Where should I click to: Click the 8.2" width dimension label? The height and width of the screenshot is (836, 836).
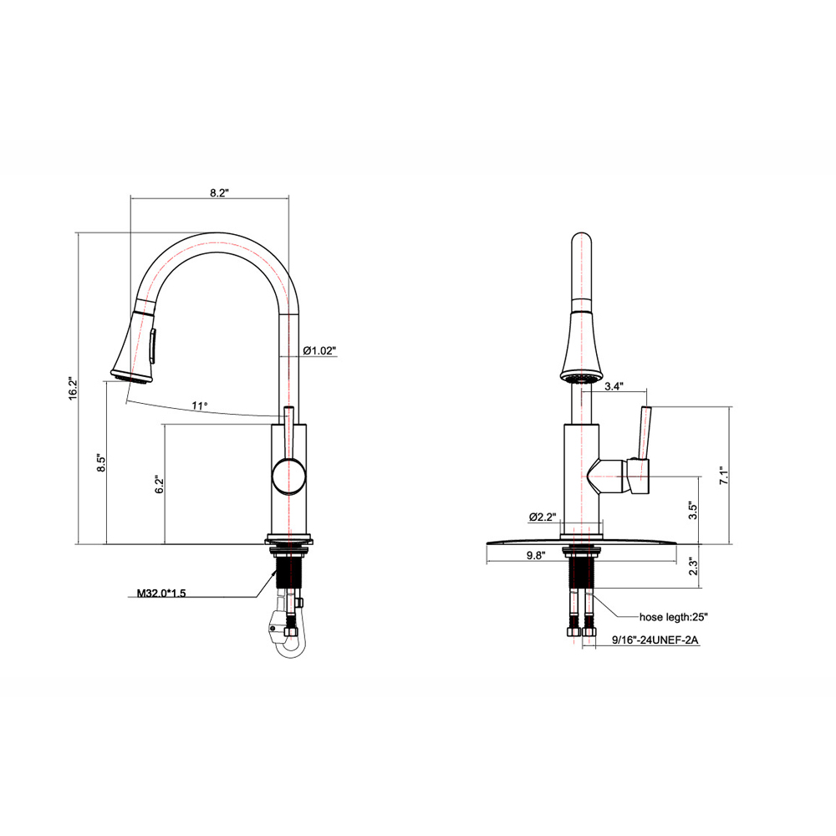[219, 192]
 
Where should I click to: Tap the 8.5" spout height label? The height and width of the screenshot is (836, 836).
[100, 463]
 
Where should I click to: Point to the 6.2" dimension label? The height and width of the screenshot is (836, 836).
[158, 485]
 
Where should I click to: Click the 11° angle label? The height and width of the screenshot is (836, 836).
[200, 405]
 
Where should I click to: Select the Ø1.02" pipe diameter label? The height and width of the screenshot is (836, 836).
[319, 351]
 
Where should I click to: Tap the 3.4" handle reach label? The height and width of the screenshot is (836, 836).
[614, 386]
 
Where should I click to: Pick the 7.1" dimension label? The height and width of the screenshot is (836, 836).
[725, 475]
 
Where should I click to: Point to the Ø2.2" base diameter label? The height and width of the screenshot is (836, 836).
[542, 516]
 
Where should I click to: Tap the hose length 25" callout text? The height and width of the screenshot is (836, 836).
[674, 617]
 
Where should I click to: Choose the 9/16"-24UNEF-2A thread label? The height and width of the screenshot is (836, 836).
[655, 641]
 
